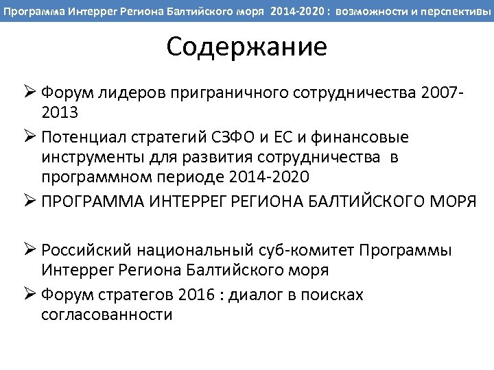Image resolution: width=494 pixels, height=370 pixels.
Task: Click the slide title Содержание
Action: (246, 47)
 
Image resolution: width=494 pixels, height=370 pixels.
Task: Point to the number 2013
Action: (60, 112)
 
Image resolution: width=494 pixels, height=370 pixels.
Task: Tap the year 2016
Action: (196, 295)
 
